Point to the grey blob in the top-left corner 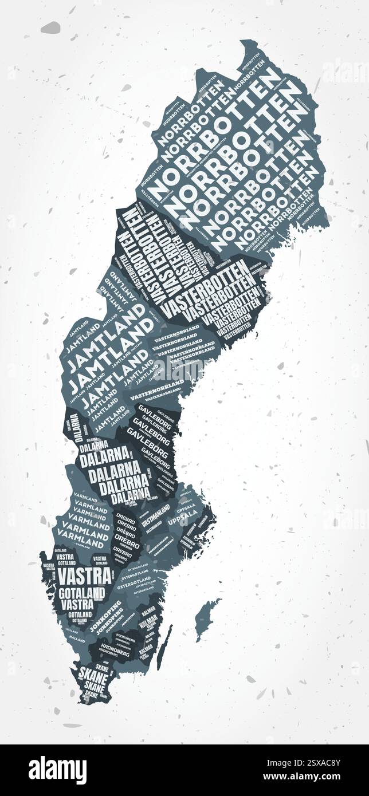50,27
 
